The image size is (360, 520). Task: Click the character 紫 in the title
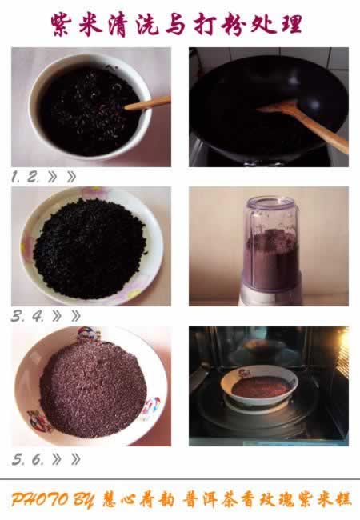click(x=62, y=24)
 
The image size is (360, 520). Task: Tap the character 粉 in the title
click(x=232, y=24)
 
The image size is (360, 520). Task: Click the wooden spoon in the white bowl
click(x=147, y=103)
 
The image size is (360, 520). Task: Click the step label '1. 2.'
click(x=25, y=177)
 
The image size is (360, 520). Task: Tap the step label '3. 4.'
click(x=27, y=316)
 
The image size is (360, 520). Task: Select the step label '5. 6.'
click(x=28, y=459)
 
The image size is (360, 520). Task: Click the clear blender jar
click(x=271, y=243)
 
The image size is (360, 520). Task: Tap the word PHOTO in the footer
click(x=40, y=499)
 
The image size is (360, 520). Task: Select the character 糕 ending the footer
click(x=342, y=499)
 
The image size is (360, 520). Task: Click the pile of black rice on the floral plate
click(x=90, y=247)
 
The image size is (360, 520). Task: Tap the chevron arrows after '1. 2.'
click(x=62, y=177)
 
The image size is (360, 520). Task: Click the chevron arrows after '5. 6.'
click(x=66, y=459)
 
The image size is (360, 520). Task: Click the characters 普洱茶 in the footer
click(x=212, y=499)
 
